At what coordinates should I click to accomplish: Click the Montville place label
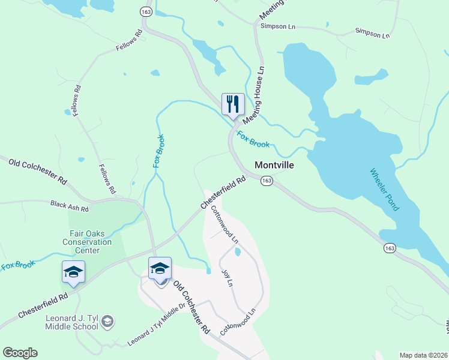coord(274,165)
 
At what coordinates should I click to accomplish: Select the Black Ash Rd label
coord(70,207)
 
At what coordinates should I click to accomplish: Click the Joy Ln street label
coord(227,278)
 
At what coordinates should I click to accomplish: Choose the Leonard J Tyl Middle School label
coord(71,322)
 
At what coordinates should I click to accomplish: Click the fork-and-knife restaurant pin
coord(233,104)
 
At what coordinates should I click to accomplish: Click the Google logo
coord(20,353)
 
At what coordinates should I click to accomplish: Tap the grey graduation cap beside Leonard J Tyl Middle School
coord(107,322)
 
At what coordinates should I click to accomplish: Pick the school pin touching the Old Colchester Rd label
coord(160,268)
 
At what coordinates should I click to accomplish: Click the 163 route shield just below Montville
coord(267,181)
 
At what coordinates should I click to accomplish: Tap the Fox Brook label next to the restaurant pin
coord(253,139)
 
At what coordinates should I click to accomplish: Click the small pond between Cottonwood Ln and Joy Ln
coord(238,252)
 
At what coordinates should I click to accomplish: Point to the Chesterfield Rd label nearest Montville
coord(223,192)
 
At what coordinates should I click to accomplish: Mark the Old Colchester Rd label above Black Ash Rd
coord(37,169)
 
